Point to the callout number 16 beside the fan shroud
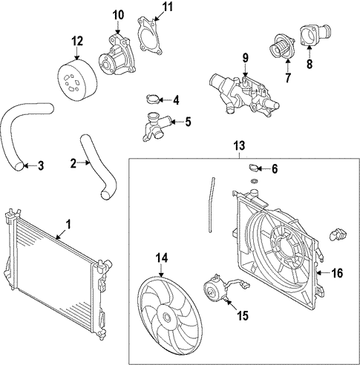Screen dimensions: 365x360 click(336, 273)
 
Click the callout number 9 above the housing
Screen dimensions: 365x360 click(244, 56)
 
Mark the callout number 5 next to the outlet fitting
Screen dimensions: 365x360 click(188, 121)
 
